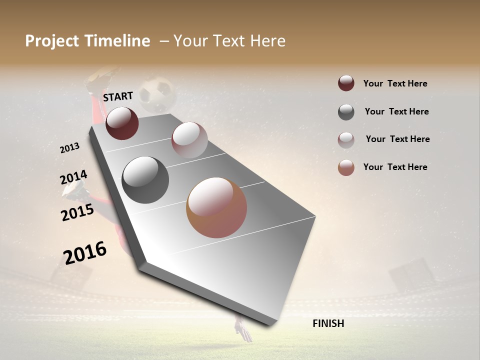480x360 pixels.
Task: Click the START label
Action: pos(118,96)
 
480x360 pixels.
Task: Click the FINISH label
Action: pos(328,323)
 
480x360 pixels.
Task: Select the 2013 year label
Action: pos(70,147)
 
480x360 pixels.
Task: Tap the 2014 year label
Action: pos(73,177)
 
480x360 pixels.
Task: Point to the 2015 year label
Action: pos(77,212)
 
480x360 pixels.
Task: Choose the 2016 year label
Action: pos(85,252)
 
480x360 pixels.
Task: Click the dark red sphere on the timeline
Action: pos(122,123)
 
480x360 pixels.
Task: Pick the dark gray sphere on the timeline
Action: pos(145,180)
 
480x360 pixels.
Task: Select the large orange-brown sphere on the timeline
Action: pos(216,207)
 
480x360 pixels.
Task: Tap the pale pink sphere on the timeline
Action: pos(189,140)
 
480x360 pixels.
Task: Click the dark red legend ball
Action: pos(346,83)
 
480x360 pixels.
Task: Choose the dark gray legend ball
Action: pos(346,112)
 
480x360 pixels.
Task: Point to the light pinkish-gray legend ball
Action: pos(346,140)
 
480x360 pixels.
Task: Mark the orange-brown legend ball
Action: pos(346,167)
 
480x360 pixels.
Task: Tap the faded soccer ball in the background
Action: pos(156,94)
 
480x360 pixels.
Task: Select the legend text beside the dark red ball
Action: pos(395,83)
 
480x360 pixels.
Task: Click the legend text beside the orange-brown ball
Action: pos(395,167)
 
